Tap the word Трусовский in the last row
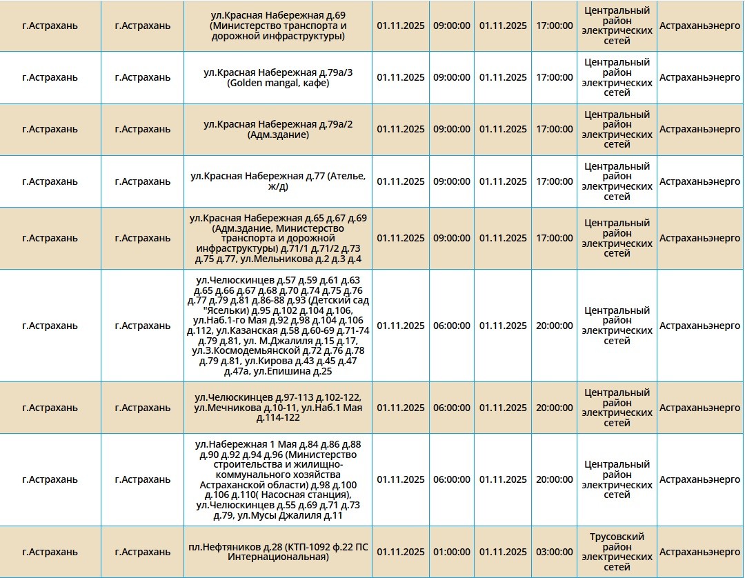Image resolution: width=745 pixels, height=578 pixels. click(x=617, y=537)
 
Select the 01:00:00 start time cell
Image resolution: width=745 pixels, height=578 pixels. click(x=452, y=552)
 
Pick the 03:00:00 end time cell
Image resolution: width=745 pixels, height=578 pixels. click(x=554, y=552)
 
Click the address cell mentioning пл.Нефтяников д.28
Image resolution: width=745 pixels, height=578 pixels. click(x=278, y=552)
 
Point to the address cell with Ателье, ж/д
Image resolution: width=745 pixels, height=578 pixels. click(x=278, y=181)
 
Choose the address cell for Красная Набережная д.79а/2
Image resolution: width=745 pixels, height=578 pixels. click(x=278, y=129)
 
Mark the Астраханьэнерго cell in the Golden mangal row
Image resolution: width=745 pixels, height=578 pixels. click(x=699, y=77)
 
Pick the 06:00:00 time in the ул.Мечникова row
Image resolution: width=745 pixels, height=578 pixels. click(x=452, y=408)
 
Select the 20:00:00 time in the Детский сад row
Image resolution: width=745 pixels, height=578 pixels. click(x=554, y=326)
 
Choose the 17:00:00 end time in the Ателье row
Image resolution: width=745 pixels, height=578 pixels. click(x=554, y=181)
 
